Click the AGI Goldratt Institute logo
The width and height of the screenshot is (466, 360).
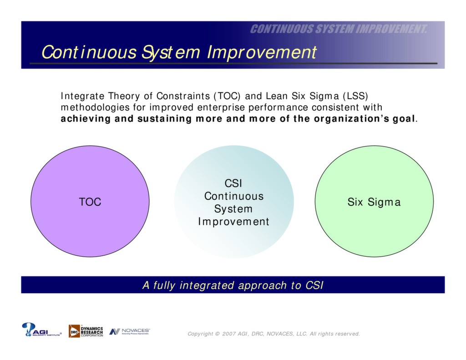point(41,330)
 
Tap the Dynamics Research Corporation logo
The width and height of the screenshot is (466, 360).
point(86,331)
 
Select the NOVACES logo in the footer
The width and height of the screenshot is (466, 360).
point(130,331)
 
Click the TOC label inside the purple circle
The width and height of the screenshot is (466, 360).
point(90,202)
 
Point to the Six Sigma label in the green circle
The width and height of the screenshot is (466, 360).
point(374,202)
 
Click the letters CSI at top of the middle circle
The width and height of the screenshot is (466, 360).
point(233,183)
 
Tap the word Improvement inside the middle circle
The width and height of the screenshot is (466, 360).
point(233,222)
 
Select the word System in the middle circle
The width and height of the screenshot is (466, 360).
point(233,209)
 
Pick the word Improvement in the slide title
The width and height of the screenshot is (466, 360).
point(261,52)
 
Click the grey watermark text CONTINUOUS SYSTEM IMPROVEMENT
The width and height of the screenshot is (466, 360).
point(339,29)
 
